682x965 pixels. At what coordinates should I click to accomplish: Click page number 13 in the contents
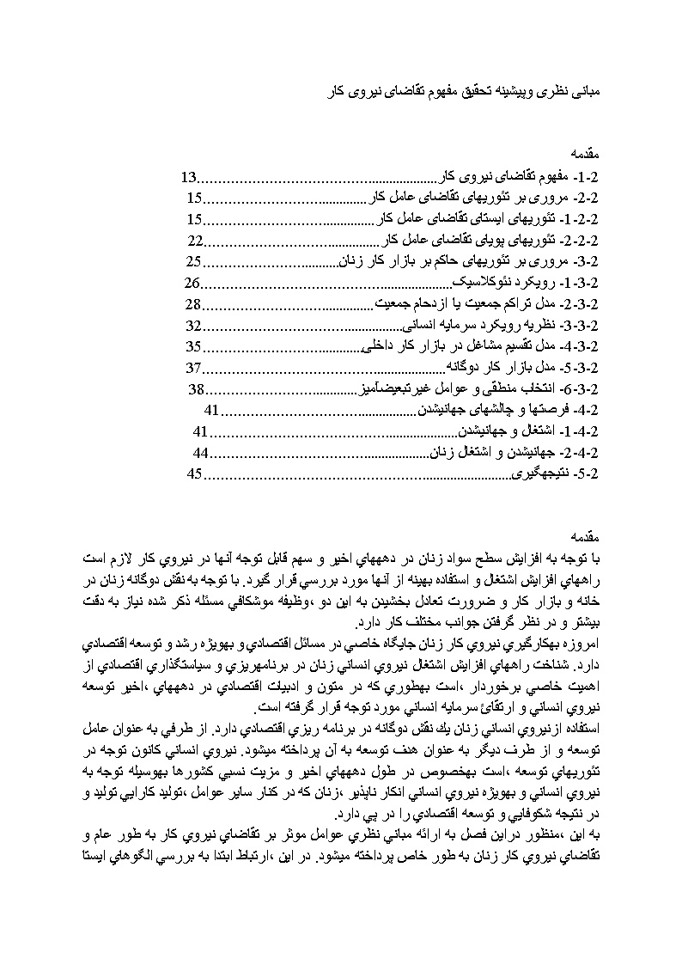coord(189,178)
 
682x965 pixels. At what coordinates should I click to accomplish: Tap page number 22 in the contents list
coord(195,241)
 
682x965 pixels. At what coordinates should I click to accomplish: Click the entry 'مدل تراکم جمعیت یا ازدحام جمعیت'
coord(464,305)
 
